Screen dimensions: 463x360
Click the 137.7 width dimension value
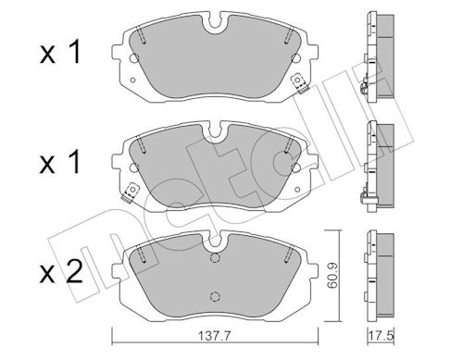[x=215, y=336]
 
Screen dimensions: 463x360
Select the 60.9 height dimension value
[x=332, y=276]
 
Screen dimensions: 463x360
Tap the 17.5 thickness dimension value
[x=382, y=335]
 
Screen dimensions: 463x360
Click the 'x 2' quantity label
[x=61, y=271]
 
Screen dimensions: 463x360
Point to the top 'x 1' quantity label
[x=60, y=52]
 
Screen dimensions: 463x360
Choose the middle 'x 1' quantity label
[x=60, y=161]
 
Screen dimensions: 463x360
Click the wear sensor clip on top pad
[x=299, y=82]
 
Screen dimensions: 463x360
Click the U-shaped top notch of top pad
[x=215, y=22]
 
